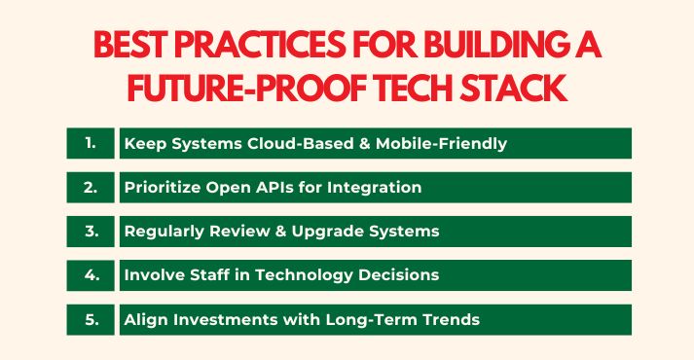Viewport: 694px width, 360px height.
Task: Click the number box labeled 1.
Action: coord(91,144)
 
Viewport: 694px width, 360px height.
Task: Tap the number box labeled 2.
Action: coord(91,188)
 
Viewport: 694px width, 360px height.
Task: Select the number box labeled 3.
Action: coord(91,232)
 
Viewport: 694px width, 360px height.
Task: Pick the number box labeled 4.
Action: coord(91,275)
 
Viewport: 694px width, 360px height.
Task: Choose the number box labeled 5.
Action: coord(91,319)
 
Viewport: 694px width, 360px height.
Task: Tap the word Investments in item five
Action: coord(221,319)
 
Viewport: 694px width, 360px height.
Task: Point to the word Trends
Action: coord(446,319)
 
